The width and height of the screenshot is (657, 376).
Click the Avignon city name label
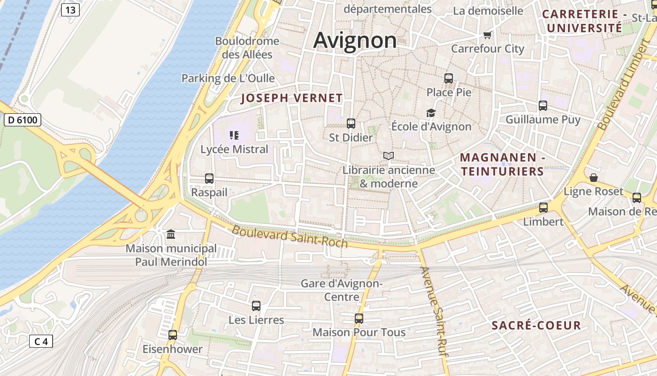pyautogui.click(x=355, y=40)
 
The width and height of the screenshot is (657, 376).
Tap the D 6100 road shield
pyautogui.click(x=23, y=120)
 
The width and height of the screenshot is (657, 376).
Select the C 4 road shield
pyautogui.click(x=41, y=341)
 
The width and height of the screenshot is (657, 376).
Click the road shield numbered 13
pyautogui.click(x=70, y=10)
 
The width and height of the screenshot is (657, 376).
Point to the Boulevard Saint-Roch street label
pyautogui.click(x=290, y=237)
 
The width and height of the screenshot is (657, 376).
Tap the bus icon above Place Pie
pyautogui.click(x=449, y=78)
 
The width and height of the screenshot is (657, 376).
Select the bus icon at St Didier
pyautogui.click(x=351, y=124)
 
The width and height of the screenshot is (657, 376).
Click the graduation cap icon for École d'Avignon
pyautogui.click(x=431, y=113)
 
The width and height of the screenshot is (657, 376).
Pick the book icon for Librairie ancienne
pyautogui.click(x=389, y=156)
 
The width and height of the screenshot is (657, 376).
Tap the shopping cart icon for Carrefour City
pyautogui.click(x=488, y=35)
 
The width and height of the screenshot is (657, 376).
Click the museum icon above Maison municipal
pyautogui.click(x=171, y=234)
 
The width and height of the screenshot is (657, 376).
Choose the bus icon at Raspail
pyautogui.click(x=209, y=179)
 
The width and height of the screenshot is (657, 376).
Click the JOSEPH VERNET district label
pyautogui.click(x=292, y=98)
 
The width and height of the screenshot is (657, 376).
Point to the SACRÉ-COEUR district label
pyautogui.click(x=536, y=325)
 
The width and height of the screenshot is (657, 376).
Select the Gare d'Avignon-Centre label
pyautogui.click(x=342, y=290)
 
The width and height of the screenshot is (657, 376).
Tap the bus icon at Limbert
pyautogui.click(x=543, y=207)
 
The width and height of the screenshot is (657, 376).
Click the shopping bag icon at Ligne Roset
pyautogui.click(x=594, y=178)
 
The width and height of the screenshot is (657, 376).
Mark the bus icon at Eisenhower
pyautogui.click(x=173, y=335)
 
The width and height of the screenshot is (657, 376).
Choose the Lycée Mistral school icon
pyautogui.click(x=234, y=136)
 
